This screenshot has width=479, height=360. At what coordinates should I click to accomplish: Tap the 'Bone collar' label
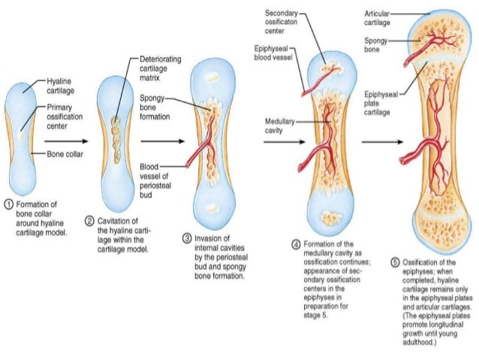(x=65, y=154)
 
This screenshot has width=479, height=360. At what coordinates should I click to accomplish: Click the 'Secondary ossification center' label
(x=282, y=23)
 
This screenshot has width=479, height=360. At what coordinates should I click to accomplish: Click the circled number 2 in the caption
(x=89, y=220)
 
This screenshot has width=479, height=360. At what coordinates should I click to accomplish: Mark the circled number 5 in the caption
(x=396, y=262)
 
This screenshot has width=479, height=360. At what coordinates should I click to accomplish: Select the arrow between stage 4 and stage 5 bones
(x=376, y=141)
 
